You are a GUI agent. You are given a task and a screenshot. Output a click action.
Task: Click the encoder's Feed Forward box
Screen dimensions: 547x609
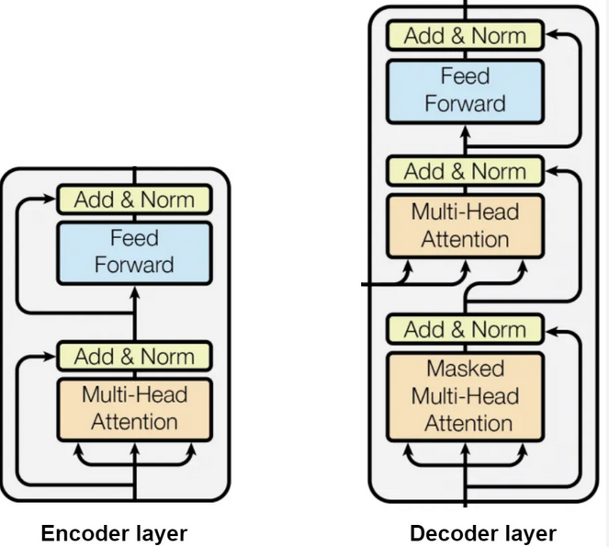(x=135, y=252)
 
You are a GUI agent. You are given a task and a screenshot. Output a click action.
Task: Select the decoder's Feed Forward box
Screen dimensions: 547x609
(x=465, y=89)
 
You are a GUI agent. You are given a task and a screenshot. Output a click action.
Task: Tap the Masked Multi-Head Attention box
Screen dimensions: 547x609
(x=465, y=396)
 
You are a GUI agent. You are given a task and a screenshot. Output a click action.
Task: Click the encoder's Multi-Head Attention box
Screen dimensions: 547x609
(x=135, y=409)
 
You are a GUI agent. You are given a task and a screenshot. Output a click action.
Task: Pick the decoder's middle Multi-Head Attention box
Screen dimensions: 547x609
(x=465, y=226)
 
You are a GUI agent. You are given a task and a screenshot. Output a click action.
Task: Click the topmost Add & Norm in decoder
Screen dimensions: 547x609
(x=465, y=36)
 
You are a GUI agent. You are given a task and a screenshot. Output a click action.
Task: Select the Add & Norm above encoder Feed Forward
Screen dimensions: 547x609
(x=135, y=199)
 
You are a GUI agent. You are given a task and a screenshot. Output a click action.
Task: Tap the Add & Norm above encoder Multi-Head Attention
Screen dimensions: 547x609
(x=135, y=356)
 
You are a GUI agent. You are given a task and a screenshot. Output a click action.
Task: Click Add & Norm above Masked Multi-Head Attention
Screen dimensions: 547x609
(x=465, y=329)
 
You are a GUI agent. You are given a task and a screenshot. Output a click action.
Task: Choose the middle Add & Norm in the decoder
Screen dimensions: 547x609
(x=465, y=171)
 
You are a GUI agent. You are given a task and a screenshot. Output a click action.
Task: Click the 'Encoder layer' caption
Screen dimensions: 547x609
(x=114, y=533)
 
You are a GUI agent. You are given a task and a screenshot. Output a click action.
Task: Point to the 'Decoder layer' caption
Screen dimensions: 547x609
(x=482, y=533)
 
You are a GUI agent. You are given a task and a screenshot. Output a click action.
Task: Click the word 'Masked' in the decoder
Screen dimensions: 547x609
(x=465, y=369)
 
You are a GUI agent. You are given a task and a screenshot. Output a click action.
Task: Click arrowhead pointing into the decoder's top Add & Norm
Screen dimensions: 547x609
(x=550, y=36)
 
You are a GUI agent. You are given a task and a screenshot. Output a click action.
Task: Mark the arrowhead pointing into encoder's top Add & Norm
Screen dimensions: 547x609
(x=51, y=199)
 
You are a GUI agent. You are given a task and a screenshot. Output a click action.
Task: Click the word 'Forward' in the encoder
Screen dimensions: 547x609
(x=135, y=266)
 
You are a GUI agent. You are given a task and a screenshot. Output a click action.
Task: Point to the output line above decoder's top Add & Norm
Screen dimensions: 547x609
(x=465, y=9)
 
